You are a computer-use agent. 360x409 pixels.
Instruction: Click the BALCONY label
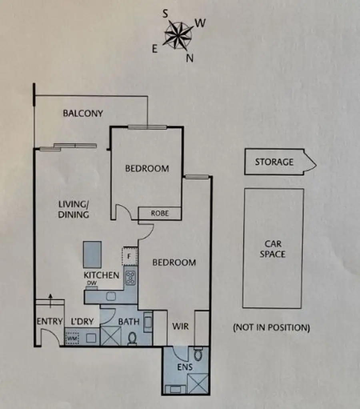[83, 114]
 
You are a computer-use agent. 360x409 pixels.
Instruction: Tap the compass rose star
[178, 36]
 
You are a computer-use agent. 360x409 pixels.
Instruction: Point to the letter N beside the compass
[190, 58]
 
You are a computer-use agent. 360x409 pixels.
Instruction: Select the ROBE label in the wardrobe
[160, 213]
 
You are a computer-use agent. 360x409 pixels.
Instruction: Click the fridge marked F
[130, 256]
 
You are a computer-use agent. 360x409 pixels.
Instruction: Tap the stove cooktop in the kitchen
[130, 278]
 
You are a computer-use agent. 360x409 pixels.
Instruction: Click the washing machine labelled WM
[72, 339]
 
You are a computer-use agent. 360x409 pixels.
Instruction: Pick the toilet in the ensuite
[198, 354]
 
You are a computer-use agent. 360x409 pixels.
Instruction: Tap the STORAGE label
[274, 162]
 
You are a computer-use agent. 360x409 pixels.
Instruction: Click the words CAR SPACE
[273, 249]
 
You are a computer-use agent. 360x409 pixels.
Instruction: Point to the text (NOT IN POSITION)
[272, 327]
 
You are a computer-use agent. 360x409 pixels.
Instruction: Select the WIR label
[180, 326]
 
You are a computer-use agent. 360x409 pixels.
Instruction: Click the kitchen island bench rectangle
[92, 255]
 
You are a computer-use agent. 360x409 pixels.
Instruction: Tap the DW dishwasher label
[92, 283]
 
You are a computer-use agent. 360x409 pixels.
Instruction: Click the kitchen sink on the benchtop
[111, 297]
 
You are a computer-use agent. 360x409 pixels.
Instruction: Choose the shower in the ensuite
[198, 383]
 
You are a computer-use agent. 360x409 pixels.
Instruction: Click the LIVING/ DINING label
[74, 209]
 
